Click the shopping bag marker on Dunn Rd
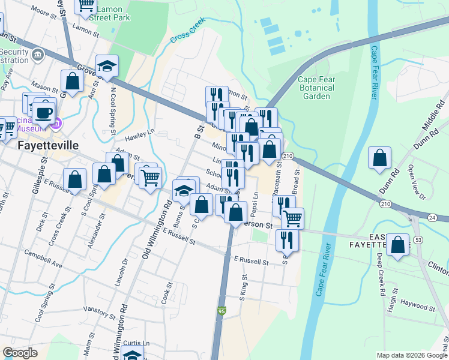[x=379, y=159]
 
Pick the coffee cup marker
[x=43, y=112]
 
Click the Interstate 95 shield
[x=221, y=311]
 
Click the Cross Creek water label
[x=187, y=29]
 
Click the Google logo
[x=20, y=353]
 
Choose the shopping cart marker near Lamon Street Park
[x=86, y=5]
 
